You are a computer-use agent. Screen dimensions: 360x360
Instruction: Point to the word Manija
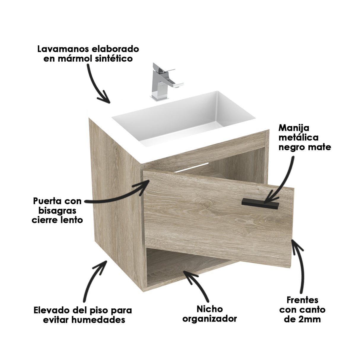294,128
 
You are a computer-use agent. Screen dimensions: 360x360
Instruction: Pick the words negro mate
305,147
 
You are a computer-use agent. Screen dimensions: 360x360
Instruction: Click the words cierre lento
58,220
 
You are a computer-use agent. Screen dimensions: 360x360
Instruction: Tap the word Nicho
210,309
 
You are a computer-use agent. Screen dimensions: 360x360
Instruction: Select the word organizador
210,319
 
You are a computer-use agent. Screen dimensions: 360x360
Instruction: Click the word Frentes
302,300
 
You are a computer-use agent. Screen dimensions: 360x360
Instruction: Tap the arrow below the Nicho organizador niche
197,285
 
